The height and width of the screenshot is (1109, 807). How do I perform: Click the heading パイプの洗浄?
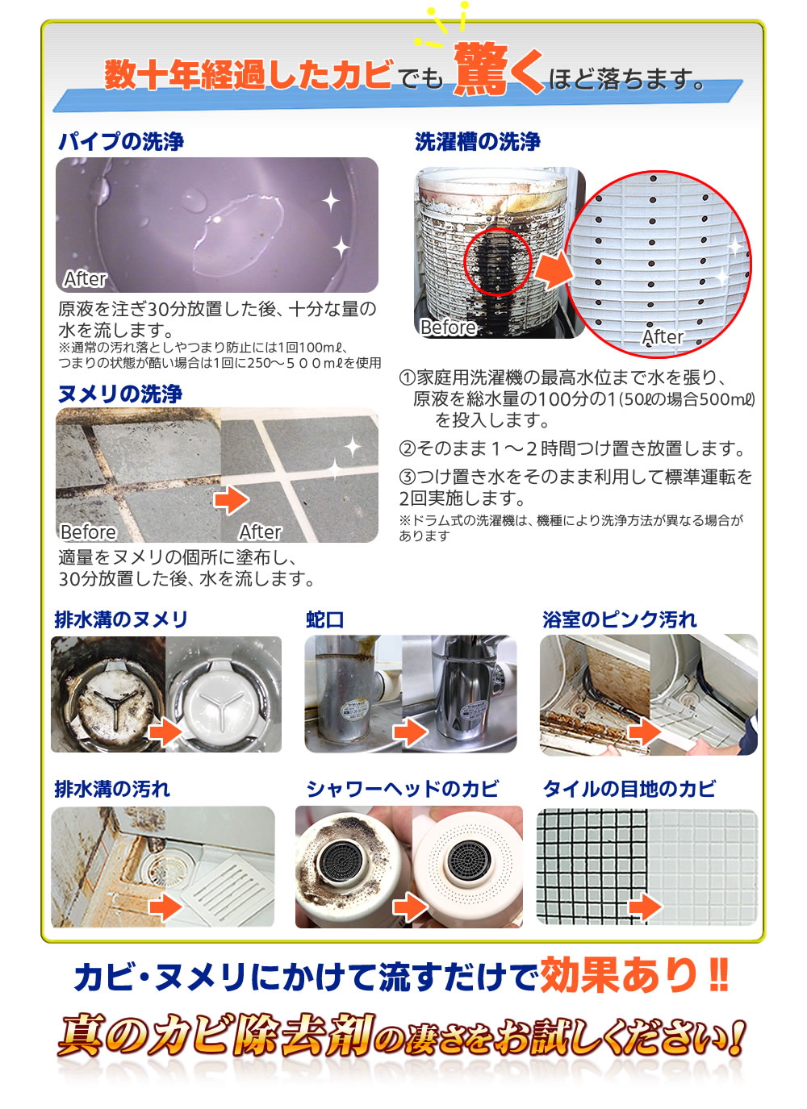[121, 142]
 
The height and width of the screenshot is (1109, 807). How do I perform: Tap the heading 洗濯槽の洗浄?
[478, 142]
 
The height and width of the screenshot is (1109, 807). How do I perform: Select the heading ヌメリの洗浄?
[120, 394]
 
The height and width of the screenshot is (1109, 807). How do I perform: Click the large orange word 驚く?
[499, 69]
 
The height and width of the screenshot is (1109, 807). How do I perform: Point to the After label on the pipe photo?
[86, 279]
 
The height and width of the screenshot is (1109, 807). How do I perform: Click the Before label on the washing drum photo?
[448, 327]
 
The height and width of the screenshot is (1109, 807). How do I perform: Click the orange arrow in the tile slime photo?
[232, 500]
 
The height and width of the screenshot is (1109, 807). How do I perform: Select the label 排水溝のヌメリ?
[121, 619]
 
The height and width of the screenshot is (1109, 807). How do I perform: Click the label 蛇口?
[325, 620]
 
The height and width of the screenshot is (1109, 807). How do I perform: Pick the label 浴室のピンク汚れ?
[619, 619]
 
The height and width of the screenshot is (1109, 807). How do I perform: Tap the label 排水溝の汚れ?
[112, 789]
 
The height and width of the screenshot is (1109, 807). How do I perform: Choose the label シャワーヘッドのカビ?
[402, 789]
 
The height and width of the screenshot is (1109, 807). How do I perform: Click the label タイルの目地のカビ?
[629, 789]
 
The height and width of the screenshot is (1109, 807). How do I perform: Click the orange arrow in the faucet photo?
[410, 732]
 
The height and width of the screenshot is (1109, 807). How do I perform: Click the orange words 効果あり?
[618, 975]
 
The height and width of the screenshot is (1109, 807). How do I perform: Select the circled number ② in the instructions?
[407, 449]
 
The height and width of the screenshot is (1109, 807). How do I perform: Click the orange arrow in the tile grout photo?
[646, 907]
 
